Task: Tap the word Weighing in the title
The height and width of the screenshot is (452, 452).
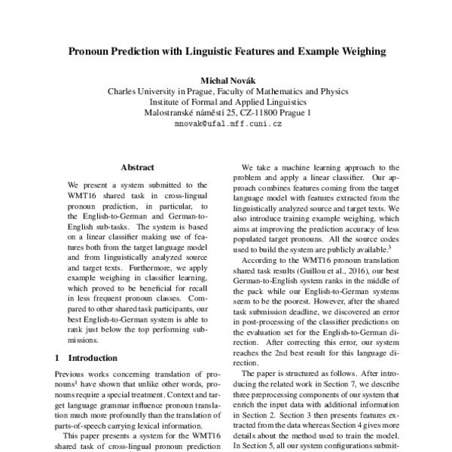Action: pyautogui.click(x=355, y=53)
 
